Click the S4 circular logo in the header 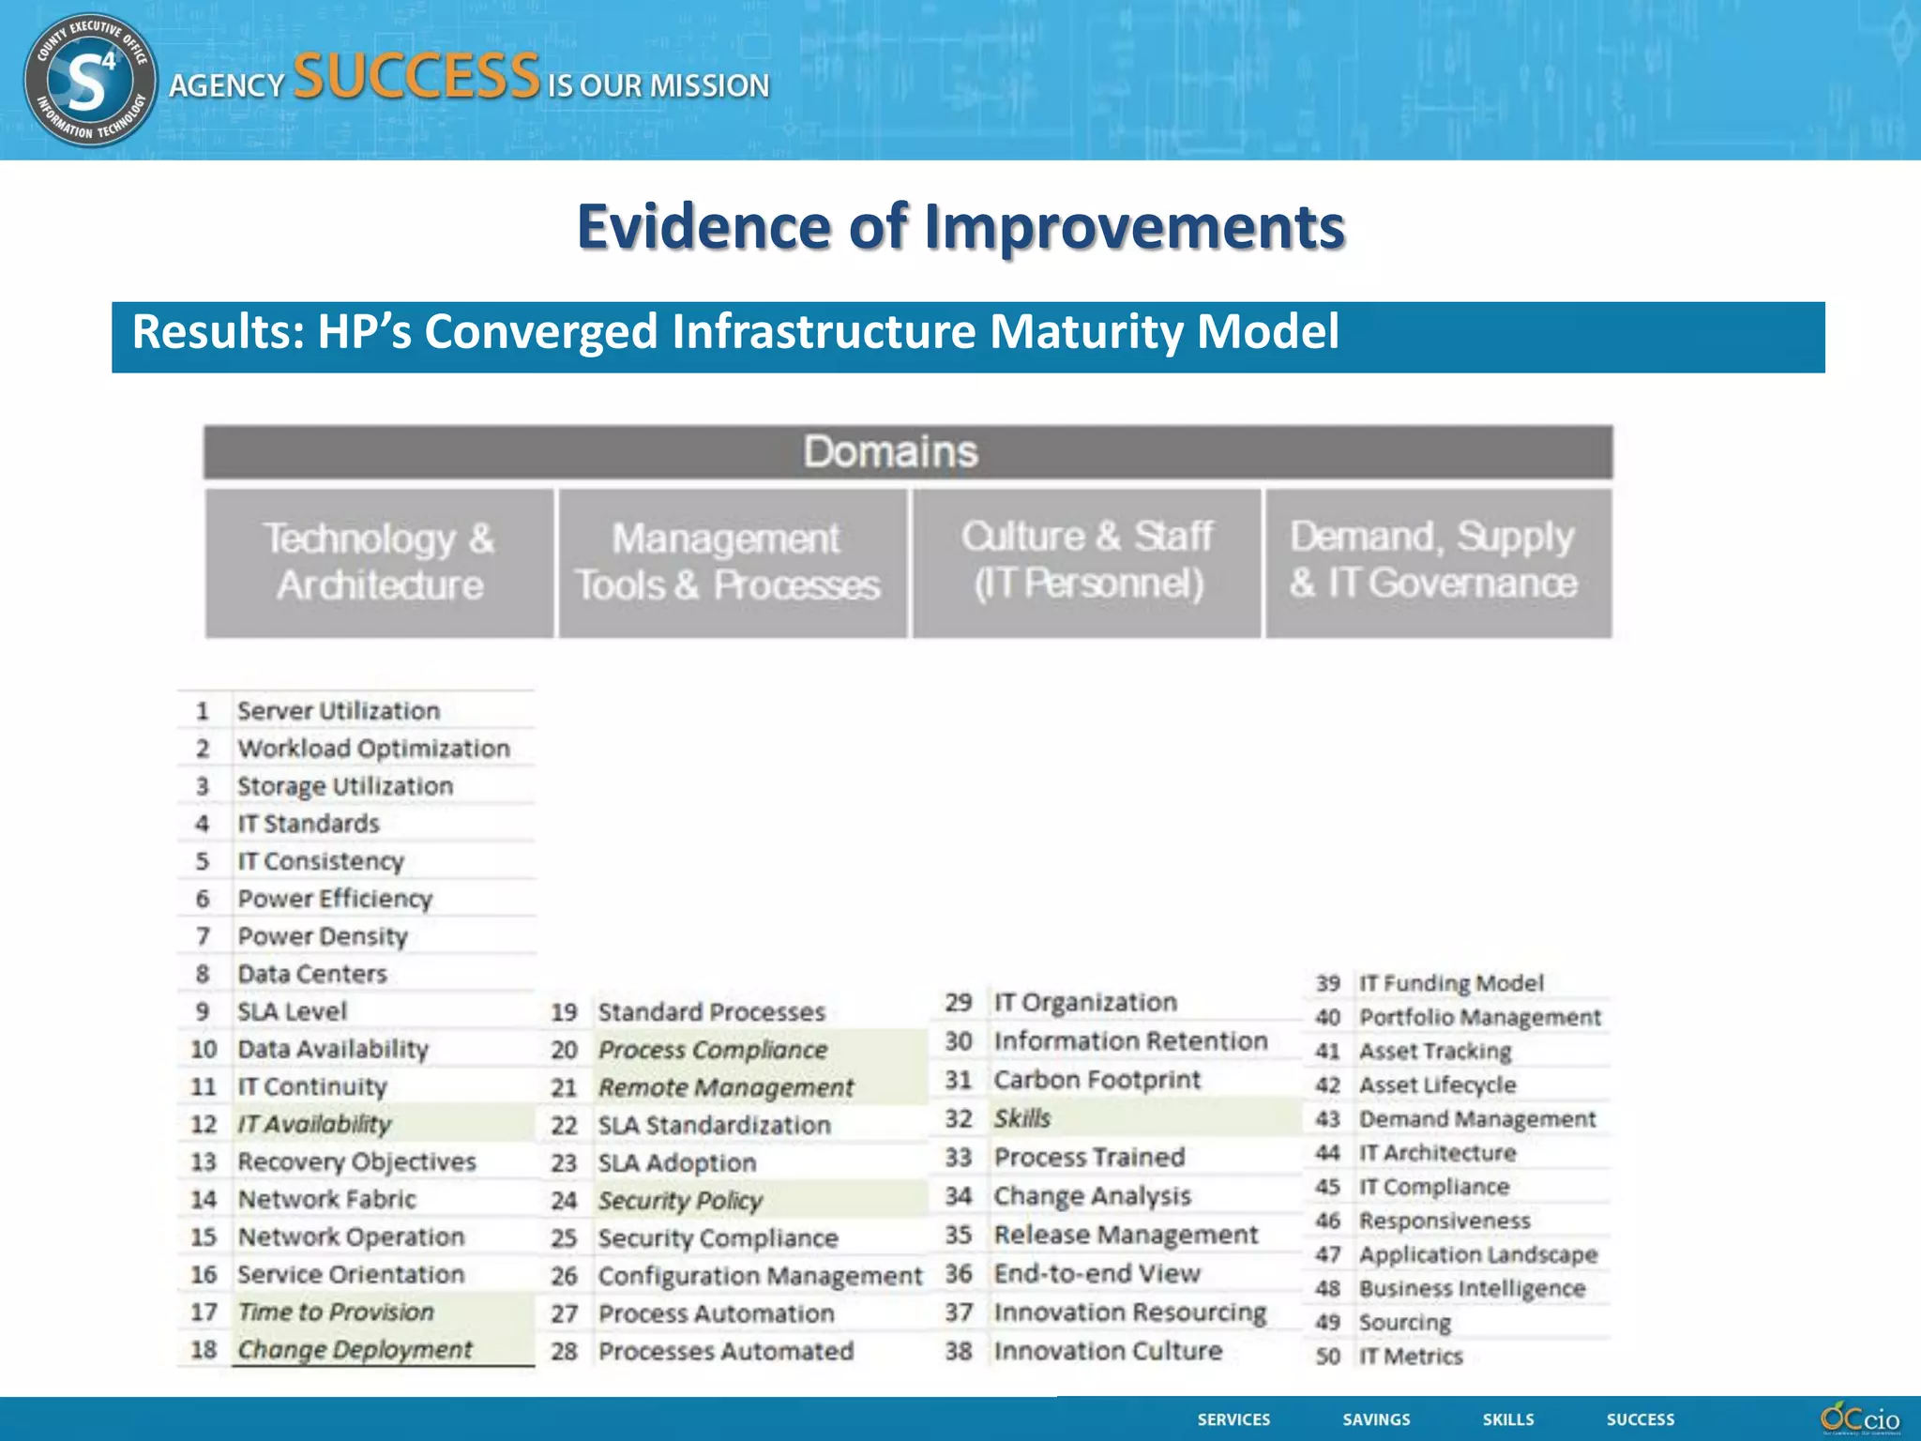[x=90, y=81]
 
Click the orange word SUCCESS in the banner [x=416, y=77]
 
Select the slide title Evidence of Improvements [x=960, y=227]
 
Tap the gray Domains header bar [x=908, y=452]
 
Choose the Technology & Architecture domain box [x=379, y=563]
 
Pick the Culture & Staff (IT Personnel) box [x=1087, y=561]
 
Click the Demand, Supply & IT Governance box [x=1438, y=561]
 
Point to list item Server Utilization [x=339, y=711]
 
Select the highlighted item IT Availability [x=314, y=1124]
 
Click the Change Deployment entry [x=355, y=1349]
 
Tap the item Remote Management [x=726, y=1087]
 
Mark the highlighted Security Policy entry [x=681, y=1200]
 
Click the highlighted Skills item [x=1022, y=1118]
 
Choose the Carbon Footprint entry [x=1097, y=1080]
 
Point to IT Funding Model [x=1451, y=983]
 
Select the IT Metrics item [x=1411, y=1356]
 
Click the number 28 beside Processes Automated [x=564, y=1352]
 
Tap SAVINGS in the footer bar [x=1376, y=1419]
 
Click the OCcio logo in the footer [x=1859, y=1418]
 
